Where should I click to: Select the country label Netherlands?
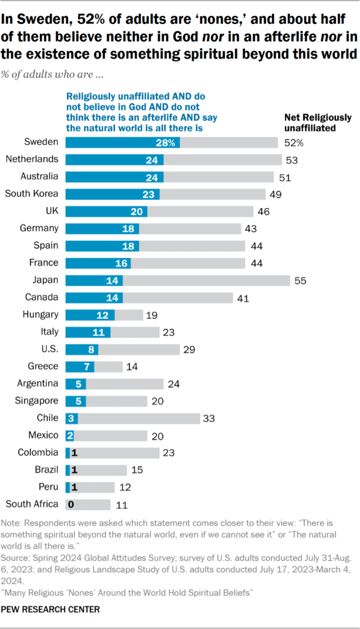pos(31,160)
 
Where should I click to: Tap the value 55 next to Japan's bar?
pos(300,280)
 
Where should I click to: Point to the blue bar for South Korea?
pos(112,194)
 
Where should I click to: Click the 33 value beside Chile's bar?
pos(211,418)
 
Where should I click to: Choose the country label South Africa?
pos(32,504)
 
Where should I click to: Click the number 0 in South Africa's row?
pos(72,504)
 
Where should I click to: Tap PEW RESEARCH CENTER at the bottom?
pos(50,610)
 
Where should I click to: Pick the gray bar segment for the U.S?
pos(139,349)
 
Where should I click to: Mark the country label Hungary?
pos(40,314)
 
